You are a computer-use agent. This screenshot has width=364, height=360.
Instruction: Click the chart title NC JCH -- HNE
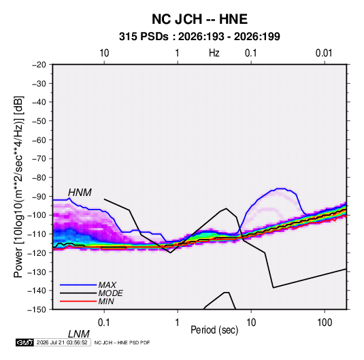point(199,19)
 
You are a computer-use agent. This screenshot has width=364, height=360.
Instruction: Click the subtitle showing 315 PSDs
point(199,37)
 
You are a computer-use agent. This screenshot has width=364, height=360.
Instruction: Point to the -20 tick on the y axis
point(39,65)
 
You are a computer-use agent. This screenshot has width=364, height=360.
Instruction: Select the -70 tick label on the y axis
point(39,159)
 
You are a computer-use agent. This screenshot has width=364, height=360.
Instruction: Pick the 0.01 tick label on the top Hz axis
point(324,53)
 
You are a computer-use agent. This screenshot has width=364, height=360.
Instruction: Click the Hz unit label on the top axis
point(214,53)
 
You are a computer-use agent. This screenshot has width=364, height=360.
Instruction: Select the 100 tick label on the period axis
point(325,322)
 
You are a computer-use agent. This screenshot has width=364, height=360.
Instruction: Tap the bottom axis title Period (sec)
point(214,330)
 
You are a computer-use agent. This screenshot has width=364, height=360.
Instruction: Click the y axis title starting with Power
point(18,187)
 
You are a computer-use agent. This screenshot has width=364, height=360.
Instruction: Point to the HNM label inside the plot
point(80,193)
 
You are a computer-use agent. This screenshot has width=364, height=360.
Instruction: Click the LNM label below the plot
point(78,334)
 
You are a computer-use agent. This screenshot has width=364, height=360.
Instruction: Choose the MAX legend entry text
point(107,285)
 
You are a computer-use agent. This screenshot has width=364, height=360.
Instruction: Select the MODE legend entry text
point(110,293)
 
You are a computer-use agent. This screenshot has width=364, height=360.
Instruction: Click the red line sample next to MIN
point(78,301)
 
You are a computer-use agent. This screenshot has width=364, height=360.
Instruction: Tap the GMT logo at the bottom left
point(24,342)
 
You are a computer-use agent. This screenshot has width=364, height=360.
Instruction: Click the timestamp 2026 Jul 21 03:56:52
point(62,342)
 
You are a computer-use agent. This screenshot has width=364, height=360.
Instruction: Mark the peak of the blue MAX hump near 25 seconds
point(281,189)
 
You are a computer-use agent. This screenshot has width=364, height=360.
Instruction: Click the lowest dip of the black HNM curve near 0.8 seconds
point(170,252)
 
